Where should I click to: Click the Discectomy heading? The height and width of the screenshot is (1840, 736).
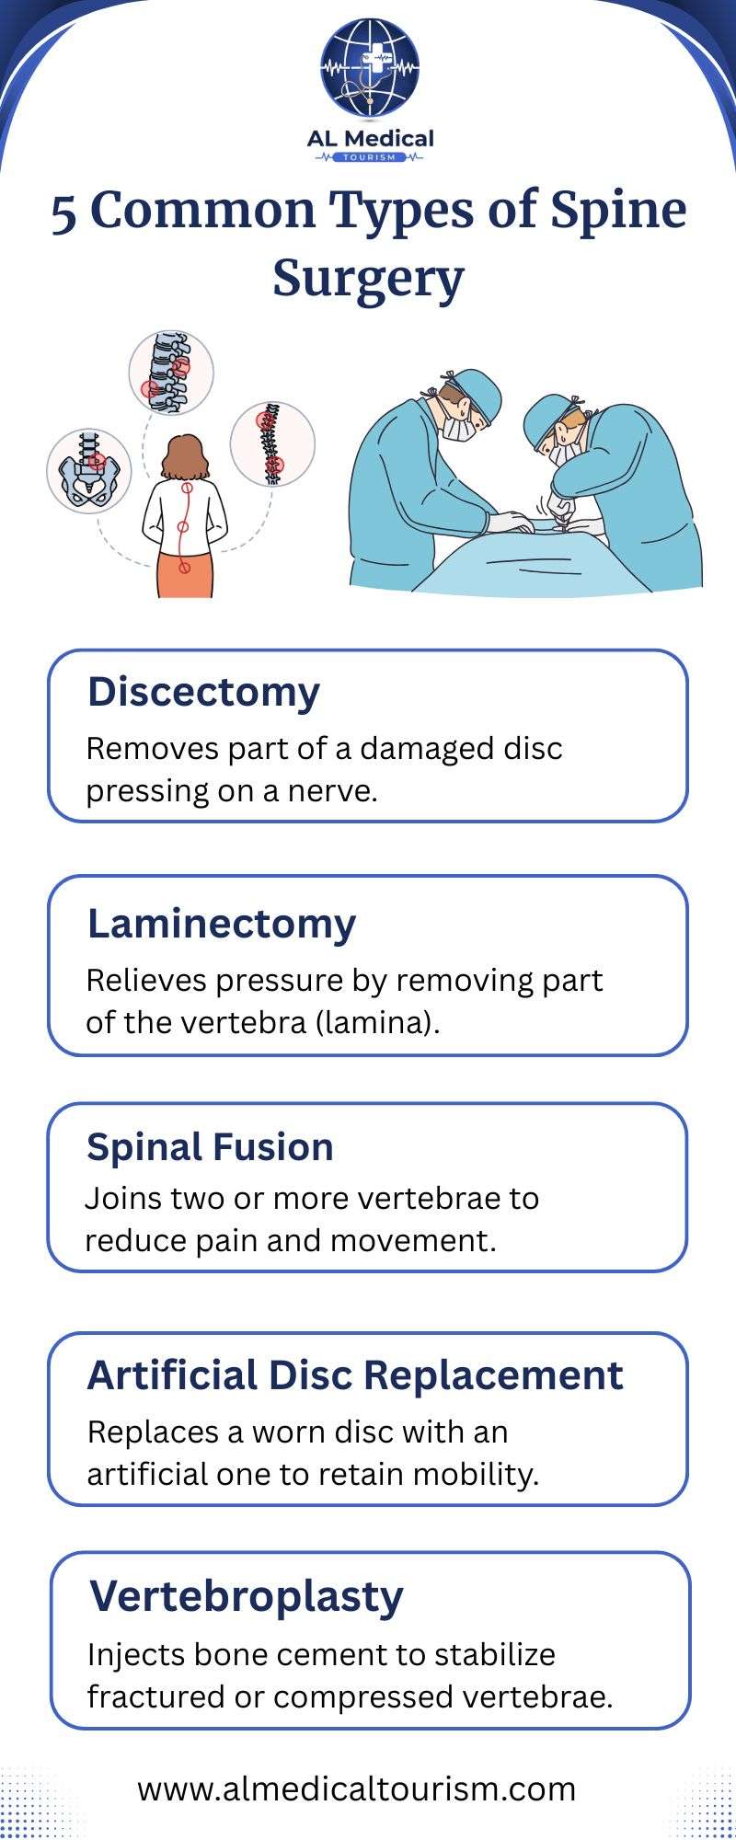(x=203, y=692)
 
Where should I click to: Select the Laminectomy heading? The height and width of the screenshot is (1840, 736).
(x=221, y=925)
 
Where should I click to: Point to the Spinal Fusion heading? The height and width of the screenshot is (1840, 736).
(x=210, y=1147)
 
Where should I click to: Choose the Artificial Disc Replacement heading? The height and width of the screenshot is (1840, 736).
(x=355, y=1375)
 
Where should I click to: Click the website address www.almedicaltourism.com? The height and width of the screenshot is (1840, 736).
(x=357, y=1789)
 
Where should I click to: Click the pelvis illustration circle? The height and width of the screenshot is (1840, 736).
(x=88, y=471)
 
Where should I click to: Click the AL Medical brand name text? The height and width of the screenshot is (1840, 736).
(x=370, y=139)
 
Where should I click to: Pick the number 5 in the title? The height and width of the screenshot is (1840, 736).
(x=63, y=213)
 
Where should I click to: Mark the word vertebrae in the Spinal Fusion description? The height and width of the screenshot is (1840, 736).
(x=432, y=1199)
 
